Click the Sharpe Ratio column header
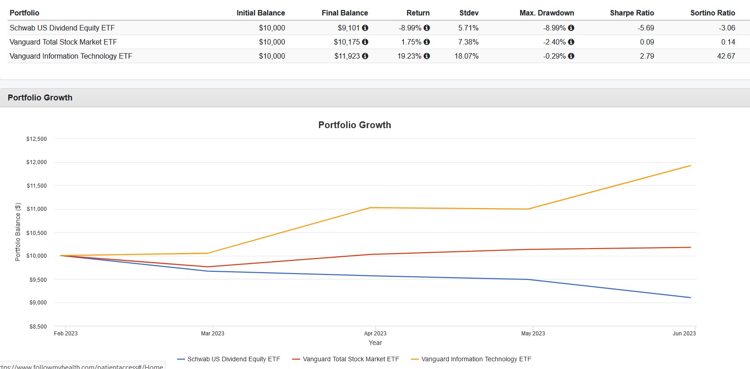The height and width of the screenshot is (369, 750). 631,13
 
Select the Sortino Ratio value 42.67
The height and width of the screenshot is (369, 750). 726,56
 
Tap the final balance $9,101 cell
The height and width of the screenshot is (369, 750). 348,28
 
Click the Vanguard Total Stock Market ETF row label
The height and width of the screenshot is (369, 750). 63,42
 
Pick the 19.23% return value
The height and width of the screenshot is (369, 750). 409,56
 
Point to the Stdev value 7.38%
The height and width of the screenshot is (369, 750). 468,42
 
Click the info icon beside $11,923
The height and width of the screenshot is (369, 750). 365,56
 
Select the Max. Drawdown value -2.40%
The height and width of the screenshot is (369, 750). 554,42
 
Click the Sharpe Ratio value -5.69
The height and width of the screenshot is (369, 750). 646,28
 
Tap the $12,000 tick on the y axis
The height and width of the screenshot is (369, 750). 36,162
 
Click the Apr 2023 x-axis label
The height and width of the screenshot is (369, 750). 375,334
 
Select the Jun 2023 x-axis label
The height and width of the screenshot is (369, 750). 684,334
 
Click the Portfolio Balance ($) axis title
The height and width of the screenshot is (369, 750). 18,232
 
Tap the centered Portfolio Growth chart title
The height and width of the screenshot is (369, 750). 354,125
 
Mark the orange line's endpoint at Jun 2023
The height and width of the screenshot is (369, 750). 690,165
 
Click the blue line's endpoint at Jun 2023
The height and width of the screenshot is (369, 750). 690,298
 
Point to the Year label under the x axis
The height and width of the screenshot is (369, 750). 375,343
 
